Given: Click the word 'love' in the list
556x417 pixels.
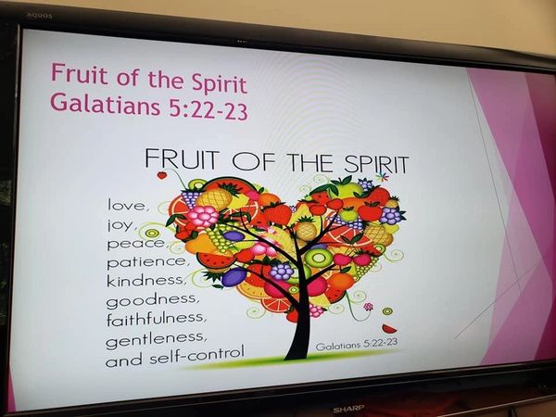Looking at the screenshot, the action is click(125, 205).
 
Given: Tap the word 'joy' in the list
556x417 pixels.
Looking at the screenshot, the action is click(120, 225).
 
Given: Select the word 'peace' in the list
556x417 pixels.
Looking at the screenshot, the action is click(135, 243).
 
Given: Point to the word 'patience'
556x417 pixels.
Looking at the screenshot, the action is click(145, 261).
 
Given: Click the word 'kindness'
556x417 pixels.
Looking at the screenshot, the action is click(145, 280).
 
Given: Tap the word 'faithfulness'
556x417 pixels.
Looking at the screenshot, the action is click(154, 318).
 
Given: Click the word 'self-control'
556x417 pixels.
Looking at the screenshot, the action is click(196, 354).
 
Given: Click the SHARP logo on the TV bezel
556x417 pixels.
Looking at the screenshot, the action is click(348, 409).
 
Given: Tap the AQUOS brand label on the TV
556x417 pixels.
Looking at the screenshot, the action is click(40, 16).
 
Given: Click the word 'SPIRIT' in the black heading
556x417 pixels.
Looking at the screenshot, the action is click(376, 164).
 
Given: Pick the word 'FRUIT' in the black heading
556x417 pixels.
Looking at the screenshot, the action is click(182, 158).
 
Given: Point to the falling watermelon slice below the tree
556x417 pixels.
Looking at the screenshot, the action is click(389, 329).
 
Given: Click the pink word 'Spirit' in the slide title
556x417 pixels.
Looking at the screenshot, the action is click(219, 83).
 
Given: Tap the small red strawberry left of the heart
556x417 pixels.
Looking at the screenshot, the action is click(162, 174).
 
